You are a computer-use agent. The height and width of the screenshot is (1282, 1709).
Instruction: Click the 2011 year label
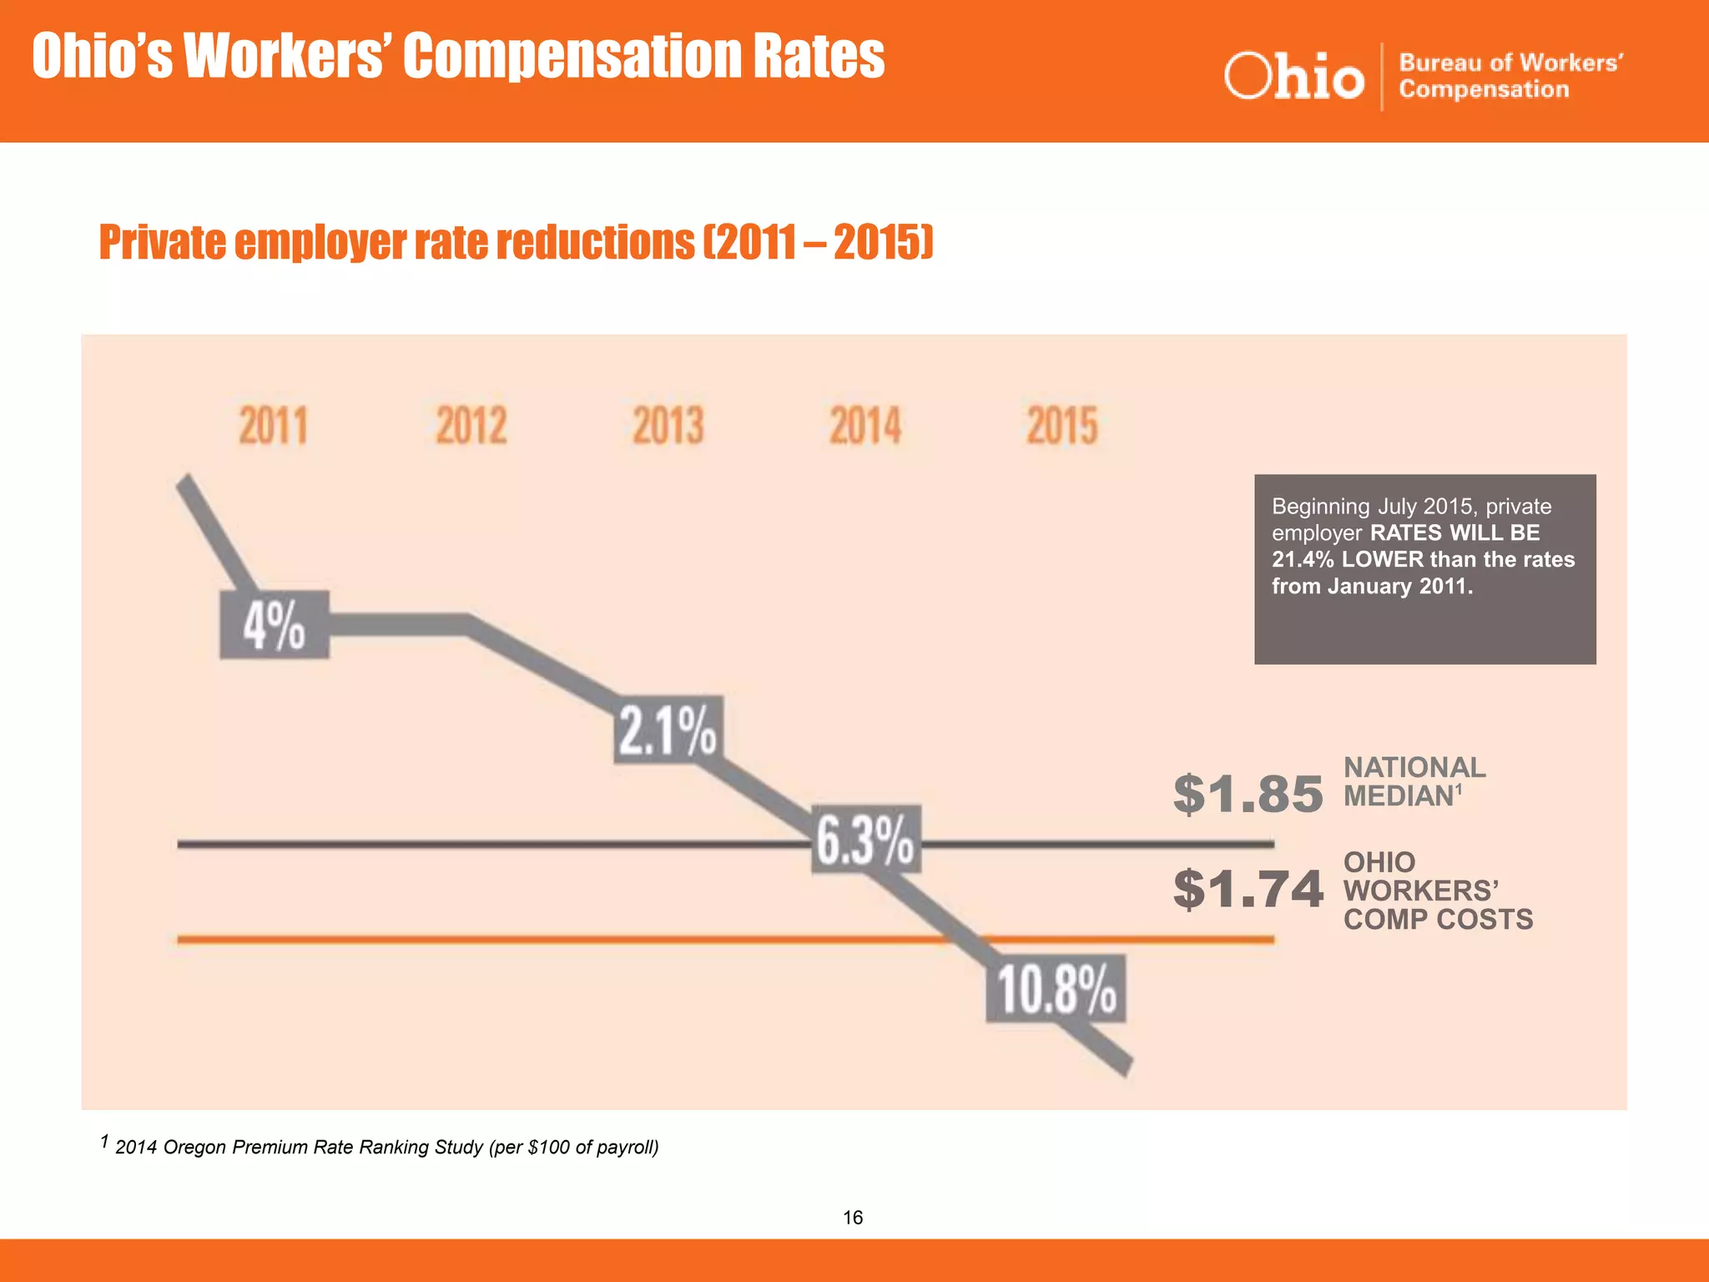coord(274,426)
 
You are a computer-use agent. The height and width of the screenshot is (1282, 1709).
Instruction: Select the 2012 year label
coord(471,426)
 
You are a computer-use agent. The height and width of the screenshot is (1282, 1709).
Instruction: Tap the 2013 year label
coord(668,426)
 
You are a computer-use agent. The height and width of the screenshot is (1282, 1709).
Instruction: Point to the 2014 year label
coord(865,426)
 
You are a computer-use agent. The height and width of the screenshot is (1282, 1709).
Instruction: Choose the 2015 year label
coord(1061,426)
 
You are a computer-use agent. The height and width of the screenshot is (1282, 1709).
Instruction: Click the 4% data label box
coord(275,626)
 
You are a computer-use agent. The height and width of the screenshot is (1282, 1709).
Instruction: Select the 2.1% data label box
coord(668,729)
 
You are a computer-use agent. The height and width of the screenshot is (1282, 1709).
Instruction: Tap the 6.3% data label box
coord(866,840)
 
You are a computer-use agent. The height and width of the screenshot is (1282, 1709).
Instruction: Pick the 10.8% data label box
coord(1056,989)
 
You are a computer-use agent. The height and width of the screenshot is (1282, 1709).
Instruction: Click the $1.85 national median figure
coord(1248,794)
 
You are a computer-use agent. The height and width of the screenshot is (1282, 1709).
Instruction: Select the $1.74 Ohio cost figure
coord(1248,889)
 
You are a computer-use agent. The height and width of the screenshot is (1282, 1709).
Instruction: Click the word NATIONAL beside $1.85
coord(1414,768)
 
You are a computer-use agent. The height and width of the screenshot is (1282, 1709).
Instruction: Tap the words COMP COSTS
coord(1438,920)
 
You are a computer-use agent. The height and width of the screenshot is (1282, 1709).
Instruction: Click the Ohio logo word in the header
coord(1294,77)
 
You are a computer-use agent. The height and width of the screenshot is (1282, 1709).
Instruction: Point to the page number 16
coord(853,1218)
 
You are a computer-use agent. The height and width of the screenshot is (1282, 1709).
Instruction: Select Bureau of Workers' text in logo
coord(1510,63)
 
